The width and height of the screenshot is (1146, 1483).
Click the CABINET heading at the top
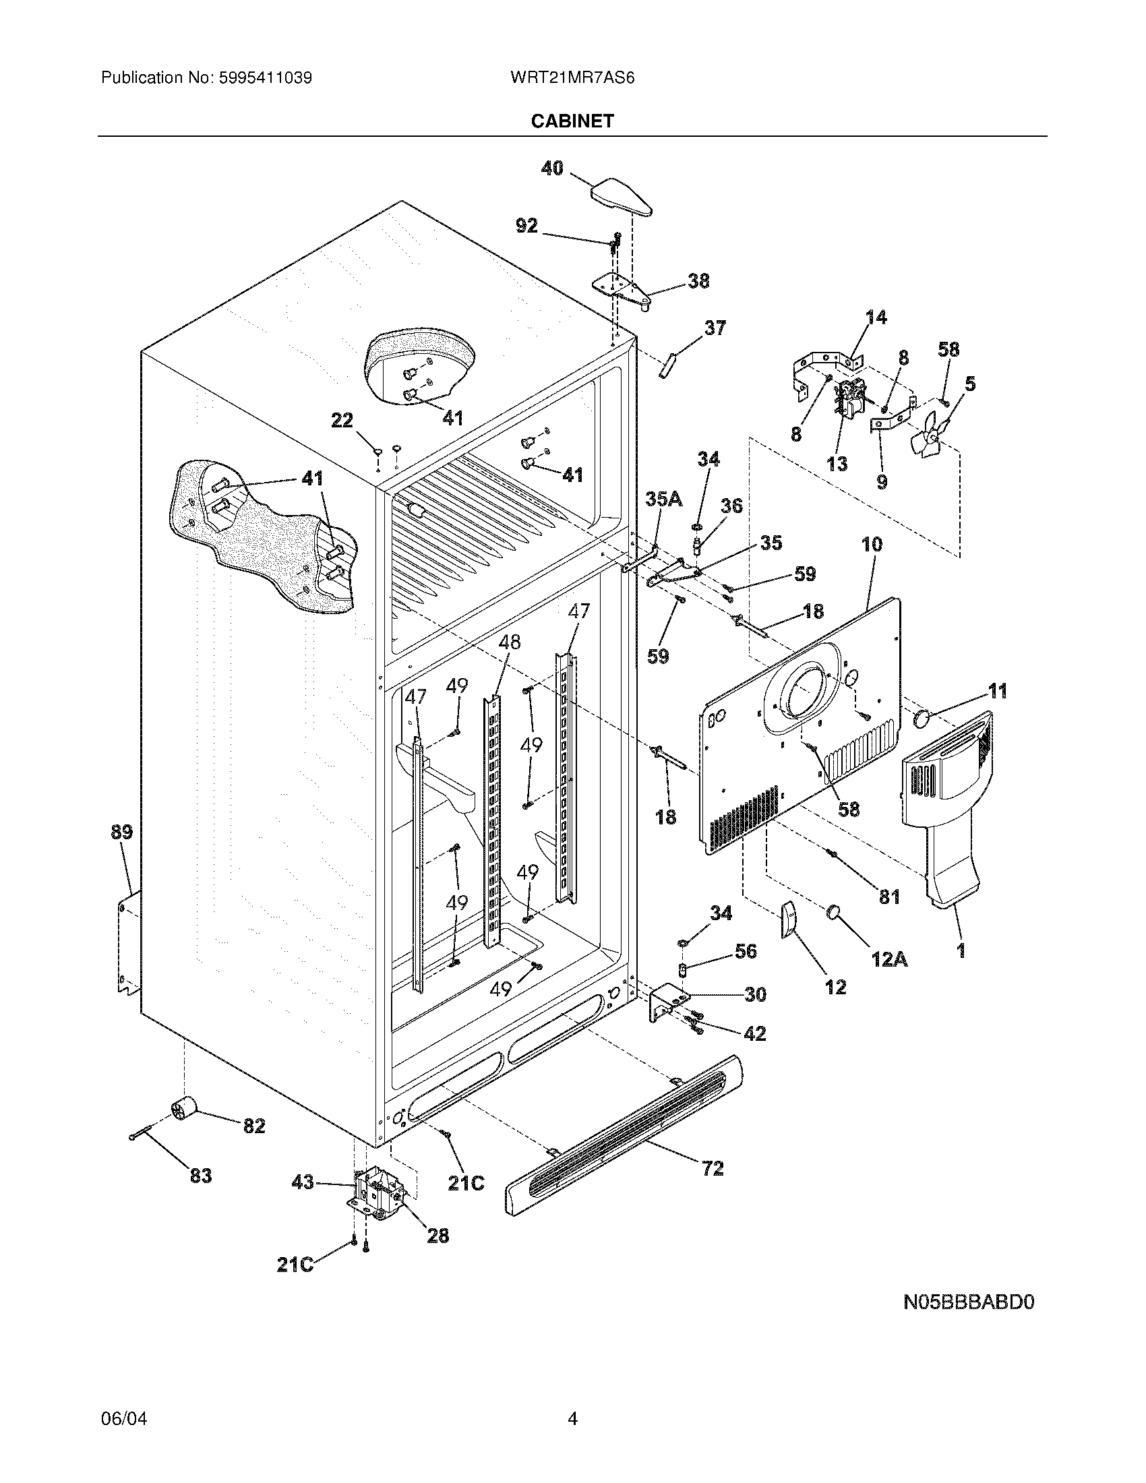(572, 121)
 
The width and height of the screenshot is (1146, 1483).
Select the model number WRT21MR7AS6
(572, 78)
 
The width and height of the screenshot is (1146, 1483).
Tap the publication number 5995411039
(266, 78)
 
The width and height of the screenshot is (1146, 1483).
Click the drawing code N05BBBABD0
(968, 1302)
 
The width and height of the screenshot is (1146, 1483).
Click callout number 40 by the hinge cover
(552, 168)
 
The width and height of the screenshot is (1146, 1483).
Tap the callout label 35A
(663, 499)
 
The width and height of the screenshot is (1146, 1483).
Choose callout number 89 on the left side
(121, 832)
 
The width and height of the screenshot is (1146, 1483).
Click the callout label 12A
(889, 959)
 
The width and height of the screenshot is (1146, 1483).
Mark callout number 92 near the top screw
(527, 225)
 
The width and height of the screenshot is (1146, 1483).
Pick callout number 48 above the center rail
(509, 642)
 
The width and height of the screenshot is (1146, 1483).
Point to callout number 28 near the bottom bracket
(438, 1235)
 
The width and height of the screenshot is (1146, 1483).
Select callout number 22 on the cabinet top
(342, 421)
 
